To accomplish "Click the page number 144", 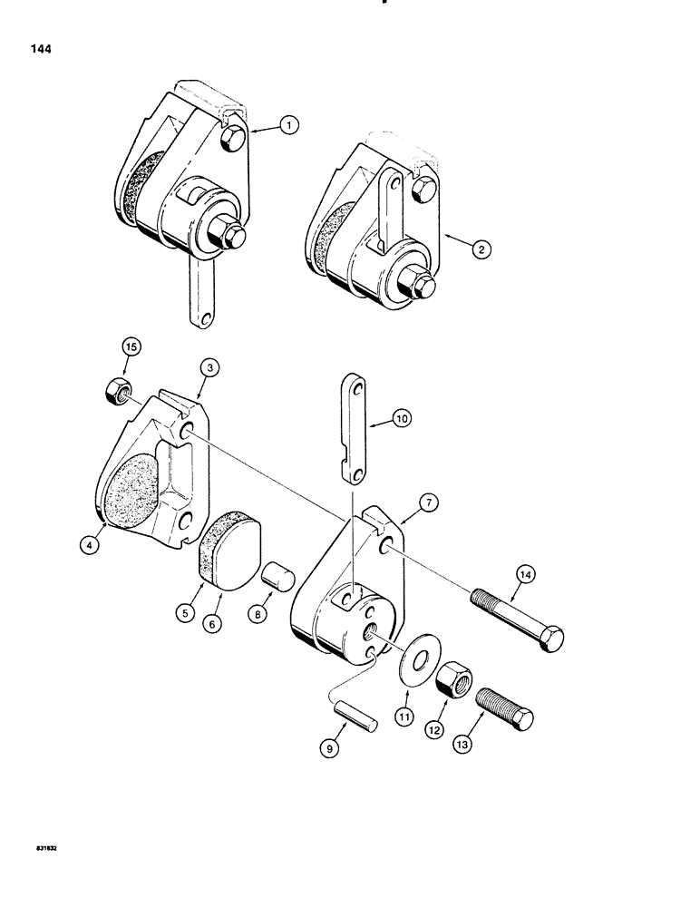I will pyautogui.click(x=40, y=50).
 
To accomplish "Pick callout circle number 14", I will pyautogui.click(x=525, y=573).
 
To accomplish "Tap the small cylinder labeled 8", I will pyautogui.click(x=273, y=575).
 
